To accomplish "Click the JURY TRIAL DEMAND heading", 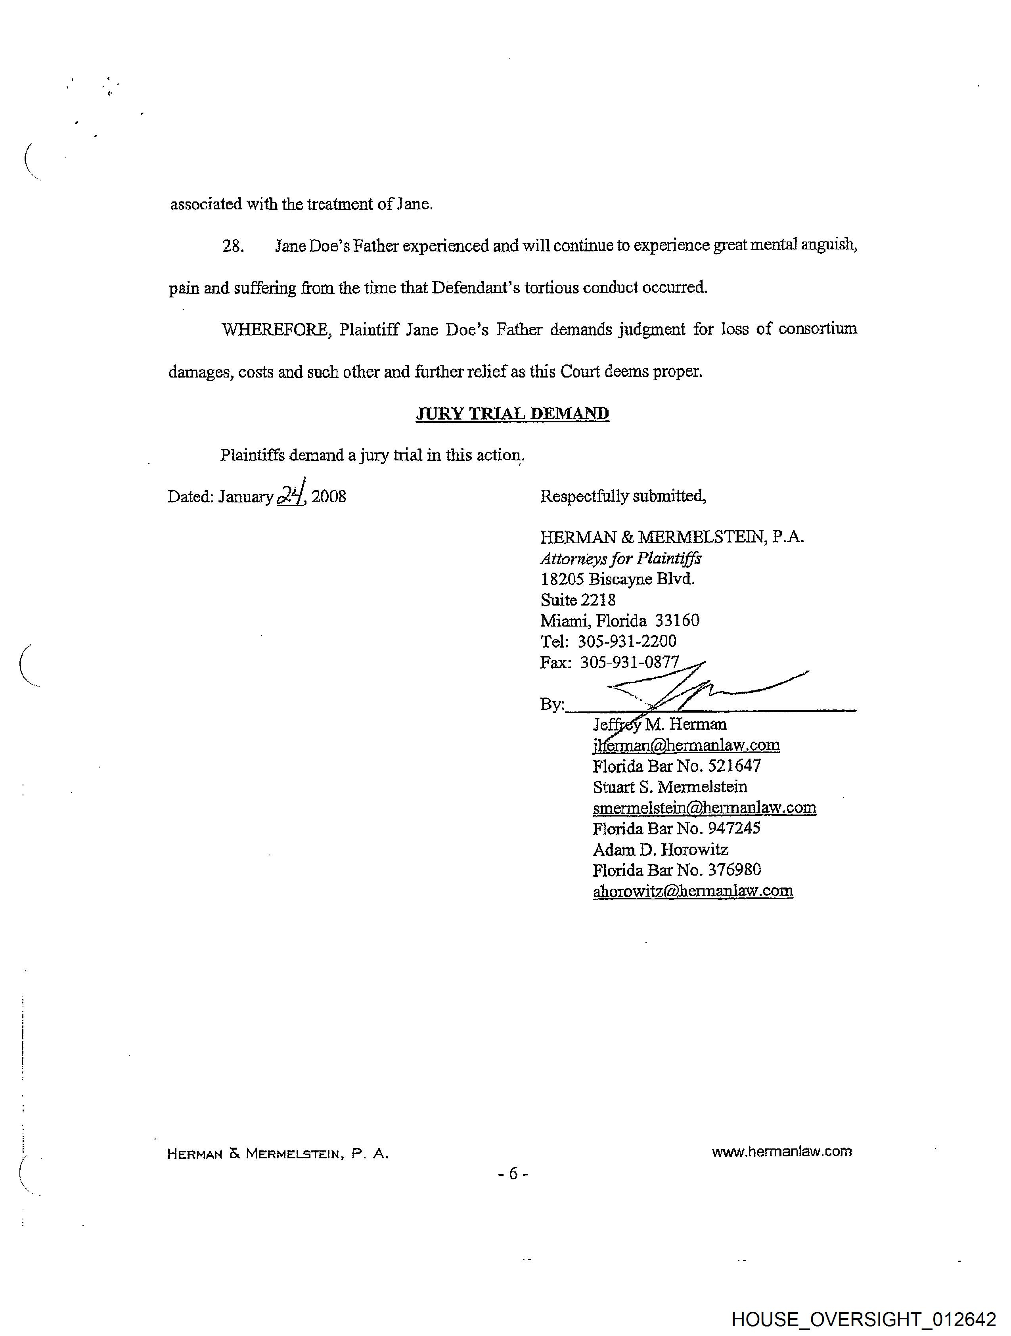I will tap(512, 414).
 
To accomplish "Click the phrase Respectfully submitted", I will tap(623, 496).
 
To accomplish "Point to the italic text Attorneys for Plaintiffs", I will tap(620, 559).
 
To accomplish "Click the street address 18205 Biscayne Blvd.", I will tap(617, 579).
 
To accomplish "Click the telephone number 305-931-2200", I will tap(627, 641).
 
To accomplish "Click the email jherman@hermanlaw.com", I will tap(686, 745).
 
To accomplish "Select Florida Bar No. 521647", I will tap(676, 767).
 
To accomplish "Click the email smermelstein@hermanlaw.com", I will tap(704, 808).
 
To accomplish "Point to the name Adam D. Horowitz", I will tap(660, 850).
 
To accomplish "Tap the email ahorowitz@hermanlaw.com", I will tap(693, 891).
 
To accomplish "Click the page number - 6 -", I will tap(513, 1173).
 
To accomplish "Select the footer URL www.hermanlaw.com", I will tap(781, 1151).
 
